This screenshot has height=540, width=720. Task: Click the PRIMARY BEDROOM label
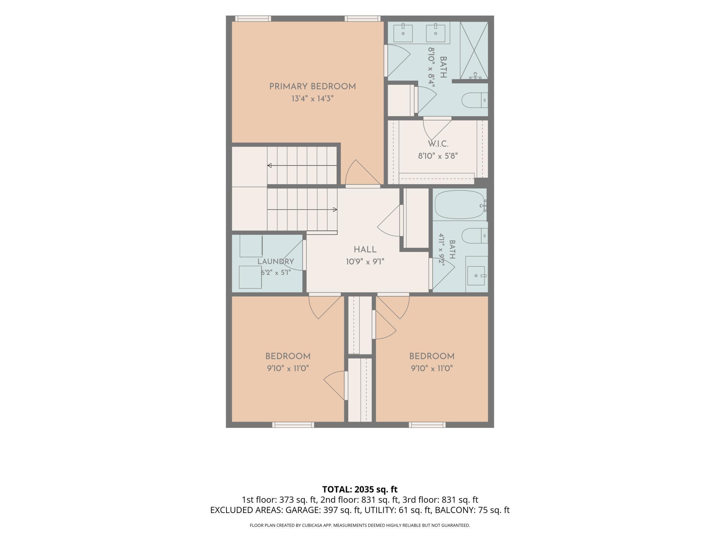313,87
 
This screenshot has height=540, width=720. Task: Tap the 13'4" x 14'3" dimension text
313,99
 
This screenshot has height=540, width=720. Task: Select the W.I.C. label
438,144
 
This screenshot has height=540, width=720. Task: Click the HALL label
365,250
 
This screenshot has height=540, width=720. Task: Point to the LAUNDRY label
276,262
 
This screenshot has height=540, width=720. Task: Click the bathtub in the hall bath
460,205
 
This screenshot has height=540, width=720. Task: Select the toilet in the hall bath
475,236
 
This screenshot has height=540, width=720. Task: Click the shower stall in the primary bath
474,51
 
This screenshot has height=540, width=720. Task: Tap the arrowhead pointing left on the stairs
269,165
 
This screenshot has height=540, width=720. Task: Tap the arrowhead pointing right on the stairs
335,209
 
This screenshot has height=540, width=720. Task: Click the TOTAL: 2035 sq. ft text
360,489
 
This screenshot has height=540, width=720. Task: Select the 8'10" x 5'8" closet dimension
438,156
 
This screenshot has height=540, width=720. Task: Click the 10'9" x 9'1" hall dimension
365,262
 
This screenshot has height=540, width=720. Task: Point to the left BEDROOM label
288,356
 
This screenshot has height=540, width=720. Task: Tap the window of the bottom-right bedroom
427,425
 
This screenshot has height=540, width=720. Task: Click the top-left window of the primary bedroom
253,19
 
